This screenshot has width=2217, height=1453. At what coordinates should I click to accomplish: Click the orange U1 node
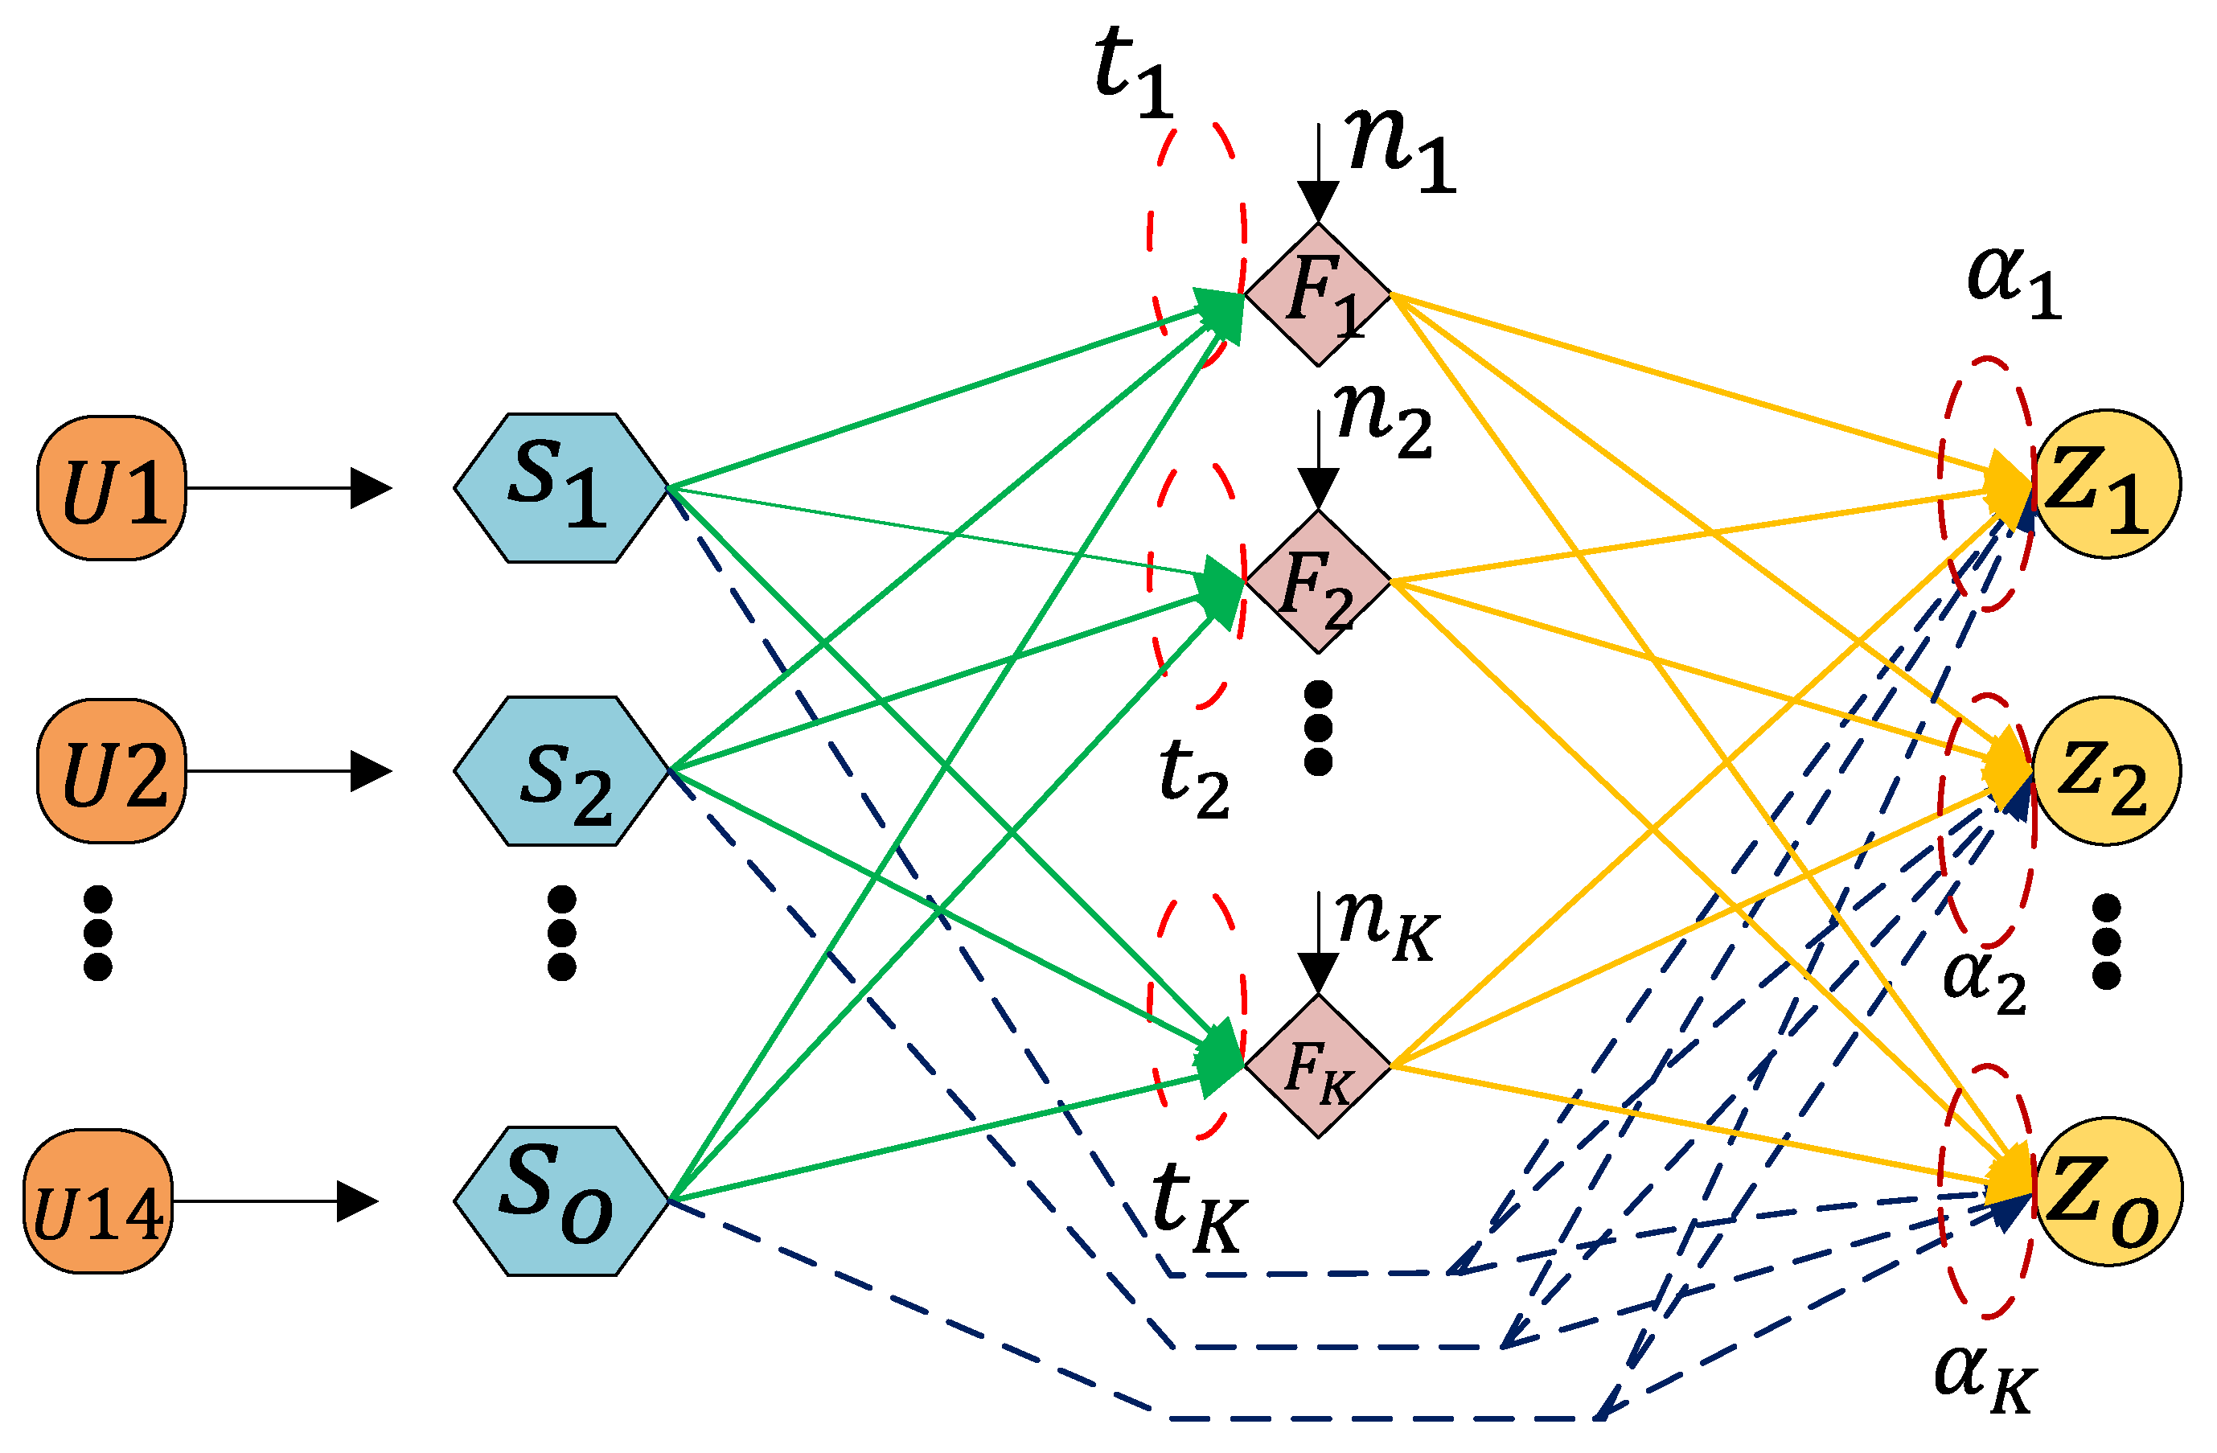(112, 489)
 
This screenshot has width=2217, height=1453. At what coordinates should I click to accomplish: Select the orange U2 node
(112, 772)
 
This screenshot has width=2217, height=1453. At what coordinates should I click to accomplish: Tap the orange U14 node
(98, 1202)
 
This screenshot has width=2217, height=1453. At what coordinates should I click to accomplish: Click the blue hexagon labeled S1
(560, 489)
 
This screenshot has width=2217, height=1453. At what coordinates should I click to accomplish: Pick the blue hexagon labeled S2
(560, 772)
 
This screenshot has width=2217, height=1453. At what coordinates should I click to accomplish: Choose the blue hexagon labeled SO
(560, 1202)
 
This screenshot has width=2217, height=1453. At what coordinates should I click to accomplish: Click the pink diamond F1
(1318, 294)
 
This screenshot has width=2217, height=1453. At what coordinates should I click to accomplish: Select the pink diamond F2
(1318, 581)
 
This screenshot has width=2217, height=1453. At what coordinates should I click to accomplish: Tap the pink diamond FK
(1318, 1065)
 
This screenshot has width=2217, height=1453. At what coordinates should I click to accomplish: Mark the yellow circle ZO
(2107, 1192)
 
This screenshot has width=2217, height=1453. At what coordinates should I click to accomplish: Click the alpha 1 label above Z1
(2012, 284)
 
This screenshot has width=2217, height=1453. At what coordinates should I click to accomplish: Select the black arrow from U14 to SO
(275, 1201)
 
